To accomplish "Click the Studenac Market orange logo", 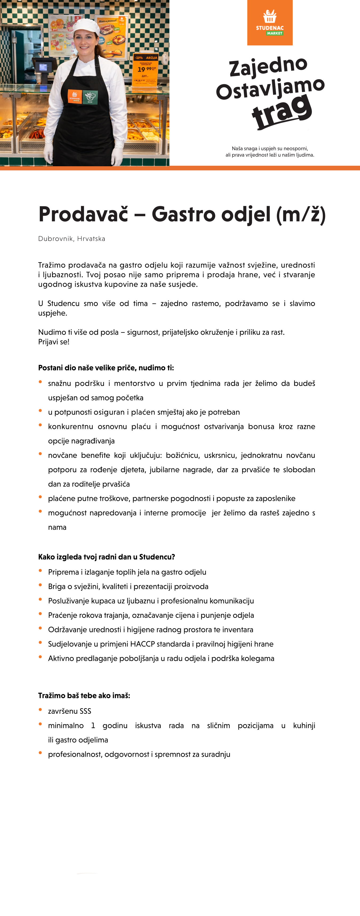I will (x=270, y=23).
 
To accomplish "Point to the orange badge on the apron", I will (x=74, y=96).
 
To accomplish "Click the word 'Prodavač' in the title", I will (x=83, y=214).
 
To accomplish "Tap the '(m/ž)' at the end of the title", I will (x=301, y=215).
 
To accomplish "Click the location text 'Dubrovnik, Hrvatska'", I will (x=71, y=239).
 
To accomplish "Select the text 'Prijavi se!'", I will (x=54, y=342).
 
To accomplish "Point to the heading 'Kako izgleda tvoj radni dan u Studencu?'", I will (x=106, y=557).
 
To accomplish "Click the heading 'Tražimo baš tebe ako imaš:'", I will (x=84, y=696).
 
